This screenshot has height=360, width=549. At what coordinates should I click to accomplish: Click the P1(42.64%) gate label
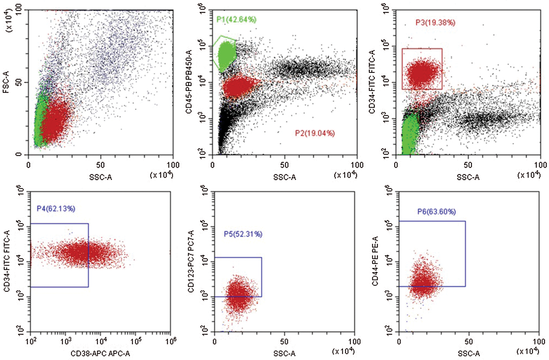tap(236, 19)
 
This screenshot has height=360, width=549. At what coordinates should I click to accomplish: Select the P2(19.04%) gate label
tap(315, 133)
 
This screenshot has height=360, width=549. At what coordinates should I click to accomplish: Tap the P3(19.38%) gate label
tap(435, 23)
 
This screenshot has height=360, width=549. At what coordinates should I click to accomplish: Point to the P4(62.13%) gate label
tap(56, 209)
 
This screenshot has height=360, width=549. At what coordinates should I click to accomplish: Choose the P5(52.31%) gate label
tap(243, 234)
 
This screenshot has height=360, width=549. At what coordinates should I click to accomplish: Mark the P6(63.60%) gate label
tap(436, 212)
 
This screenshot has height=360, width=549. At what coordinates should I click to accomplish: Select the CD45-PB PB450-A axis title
tap(189, 82)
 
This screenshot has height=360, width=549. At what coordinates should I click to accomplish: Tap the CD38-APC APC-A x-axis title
tap(100, 354)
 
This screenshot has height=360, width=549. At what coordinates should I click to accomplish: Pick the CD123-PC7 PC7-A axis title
tap(191, 261)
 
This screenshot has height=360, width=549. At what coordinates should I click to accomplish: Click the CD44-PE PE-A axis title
tap(375, 261)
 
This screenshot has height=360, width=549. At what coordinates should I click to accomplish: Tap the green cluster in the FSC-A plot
tap(39, 121)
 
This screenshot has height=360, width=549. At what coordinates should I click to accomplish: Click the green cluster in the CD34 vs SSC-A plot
tap(410, 135)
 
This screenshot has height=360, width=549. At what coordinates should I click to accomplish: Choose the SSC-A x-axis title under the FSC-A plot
tap(101, 177)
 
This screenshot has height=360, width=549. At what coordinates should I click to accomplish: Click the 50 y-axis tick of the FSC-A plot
tap(19, 82)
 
